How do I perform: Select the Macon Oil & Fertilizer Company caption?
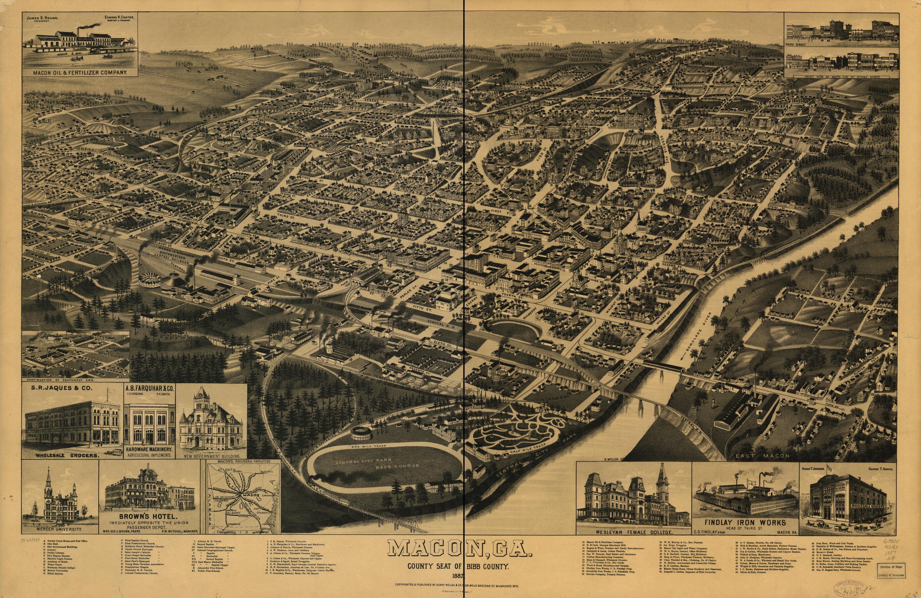click(80, 72)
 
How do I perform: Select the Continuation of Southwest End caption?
click(62, 380)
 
